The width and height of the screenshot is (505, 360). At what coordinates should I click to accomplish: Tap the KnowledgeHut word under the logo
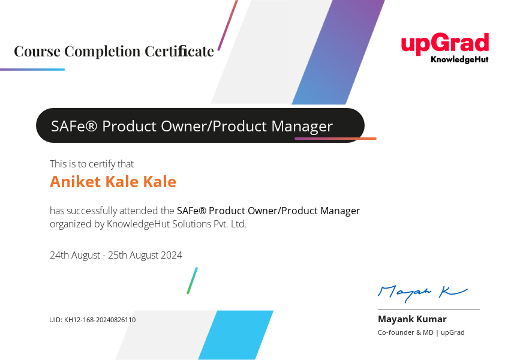tap(459, 59)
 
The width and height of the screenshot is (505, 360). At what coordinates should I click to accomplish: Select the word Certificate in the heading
tap(179, 51)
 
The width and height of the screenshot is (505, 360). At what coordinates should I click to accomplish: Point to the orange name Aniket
tap(76, 181)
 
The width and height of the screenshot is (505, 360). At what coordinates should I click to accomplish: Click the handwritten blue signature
tap(422, 293)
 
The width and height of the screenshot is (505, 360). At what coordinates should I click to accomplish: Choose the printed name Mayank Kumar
tap(412, 319)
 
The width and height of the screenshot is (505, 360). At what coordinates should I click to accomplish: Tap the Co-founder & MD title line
tap(421, 332)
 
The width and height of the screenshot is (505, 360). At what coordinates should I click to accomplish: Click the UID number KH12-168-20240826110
tap(100, 320)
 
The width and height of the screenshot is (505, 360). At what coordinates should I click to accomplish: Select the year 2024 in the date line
tap(172, 255)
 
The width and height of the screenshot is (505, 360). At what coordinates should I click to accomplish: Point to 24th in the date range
tap(59, 255)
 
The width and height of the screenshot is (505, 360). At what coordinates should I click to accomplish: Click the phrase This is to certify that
tap(92, 164)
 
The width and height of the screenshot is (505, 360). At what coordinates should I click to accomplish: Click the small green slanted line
tap(193, 280)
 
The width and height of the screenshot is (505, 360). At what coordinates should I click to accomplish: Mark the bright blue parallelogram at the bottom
tap(236, 335)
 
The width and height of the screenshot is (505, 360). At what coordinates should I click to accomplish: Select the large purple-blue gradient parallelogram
tap(338, 52)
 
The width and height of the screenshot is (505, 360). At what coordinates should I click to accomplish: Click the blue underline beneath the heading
tap(32, 69)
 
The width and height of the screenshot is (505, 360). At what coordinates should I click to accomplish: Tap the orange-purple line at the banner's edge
tap(335, 139)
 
